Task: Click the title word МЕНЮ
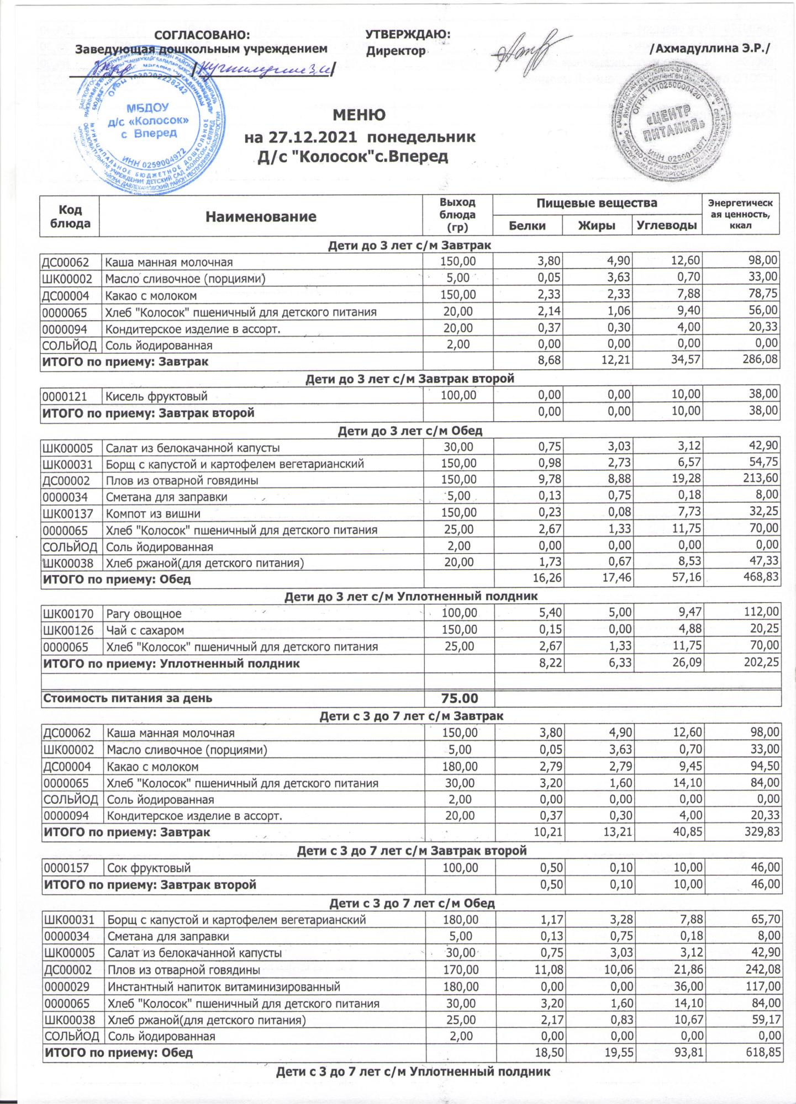point(359,115)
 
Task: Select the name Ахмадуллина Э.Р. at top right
point(710,49)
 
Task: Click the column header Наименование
point(261,216)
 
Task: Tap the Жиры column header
point(597,226)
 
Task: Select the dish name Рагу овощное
point(144,613)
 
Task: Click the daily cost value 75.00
point(459,698)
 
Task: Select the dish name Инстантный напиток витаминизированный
point(224,986)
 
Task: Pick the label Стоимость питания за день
point(128,698)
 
